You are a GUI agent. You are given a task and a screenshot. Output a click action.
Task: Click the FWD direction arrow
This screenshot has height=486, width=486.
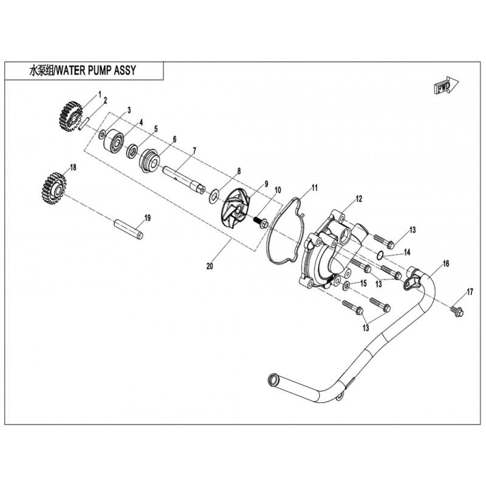pyautogui.click(x=446, y=85)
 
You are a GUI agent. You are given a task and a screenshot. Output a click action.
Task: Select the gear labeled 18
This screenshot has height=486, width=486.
pyautogui.click(x=54, y=189)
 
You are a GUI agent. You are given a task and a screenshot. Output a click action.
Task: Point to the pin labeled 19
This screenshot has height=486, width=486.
pyautogui.click(x=129, y=230)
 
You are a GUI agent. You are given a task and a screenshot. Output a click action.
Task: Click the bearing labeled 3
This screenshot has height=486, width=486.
pyautogui.click(x=114, y=140)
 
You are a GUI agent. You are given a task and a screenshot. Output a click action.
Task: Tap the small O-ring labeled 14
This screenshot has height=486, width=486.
pyautogui.click(x=381, y=255)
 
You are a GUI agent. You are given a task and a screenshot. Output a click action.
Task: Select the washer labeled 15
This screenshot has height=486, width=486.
pyautogui.click(x=346, y=286)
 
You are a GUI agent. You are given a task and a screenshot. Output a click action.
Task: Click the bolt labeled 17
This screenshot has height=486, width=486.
pyautogui.click(x=457, y=311)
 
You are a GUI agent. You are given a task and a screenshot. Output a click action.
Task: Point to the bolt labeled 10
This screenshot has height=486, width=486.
pyautogui.click(x=261, y=222)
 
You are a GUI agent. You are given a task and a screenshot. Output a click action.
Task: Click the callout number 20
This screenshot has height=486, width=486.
pyautogui.click(x=210, y=266)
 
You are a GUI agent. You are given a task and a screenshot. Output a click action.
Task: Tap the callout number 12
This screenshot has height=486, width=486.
pyautogui.click(x=359, y=199)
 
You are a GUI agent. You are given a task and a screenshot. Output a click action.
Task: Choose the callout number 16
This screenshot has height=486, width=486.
pyautogui.click(x=446, y=264)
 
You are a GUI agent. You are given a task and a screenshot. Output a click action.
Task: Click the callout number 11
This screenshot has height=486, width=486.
pyautogui.click(x=315, y=188)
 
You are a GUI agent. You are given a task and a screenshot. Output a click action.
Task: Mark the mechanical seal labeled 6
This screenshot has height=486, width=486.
pyautogui.click(x=149, y=160)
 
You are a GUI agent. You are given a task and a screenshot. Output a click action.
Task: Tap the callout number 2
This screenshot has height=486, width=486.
pyautogui.click(x=105, y=100)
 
